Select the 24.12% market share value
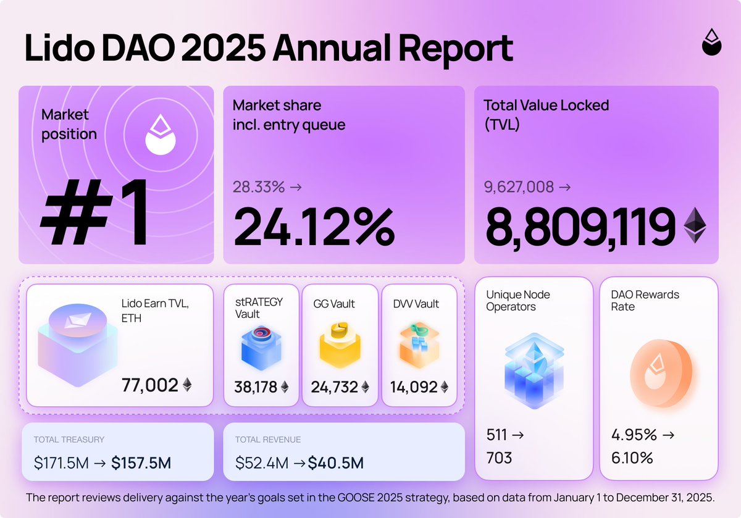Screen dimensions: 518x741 [x=314, y=227]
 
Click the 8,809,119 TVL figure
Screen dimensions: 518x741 [x=580, y=227]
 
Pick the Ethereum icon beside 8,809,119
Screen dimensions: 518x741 [x=695, y=225]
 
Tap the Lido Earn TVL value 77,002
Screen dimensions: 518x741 [x=149, y=385]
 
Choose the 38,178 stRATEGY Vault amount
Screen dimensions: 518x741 [x=255, y=387]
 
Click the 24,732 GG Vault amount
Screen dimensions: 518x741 [x=334, y=387]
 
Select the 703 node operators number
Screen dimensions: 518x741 [x=500, y=457]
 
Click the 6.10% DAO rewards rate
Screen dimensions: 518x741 [x=632, y=457]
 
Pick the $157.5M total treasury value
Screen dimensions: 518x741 [x=141, y=462]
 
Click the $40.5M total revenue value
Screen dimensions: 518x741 [x=335, y=462]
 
